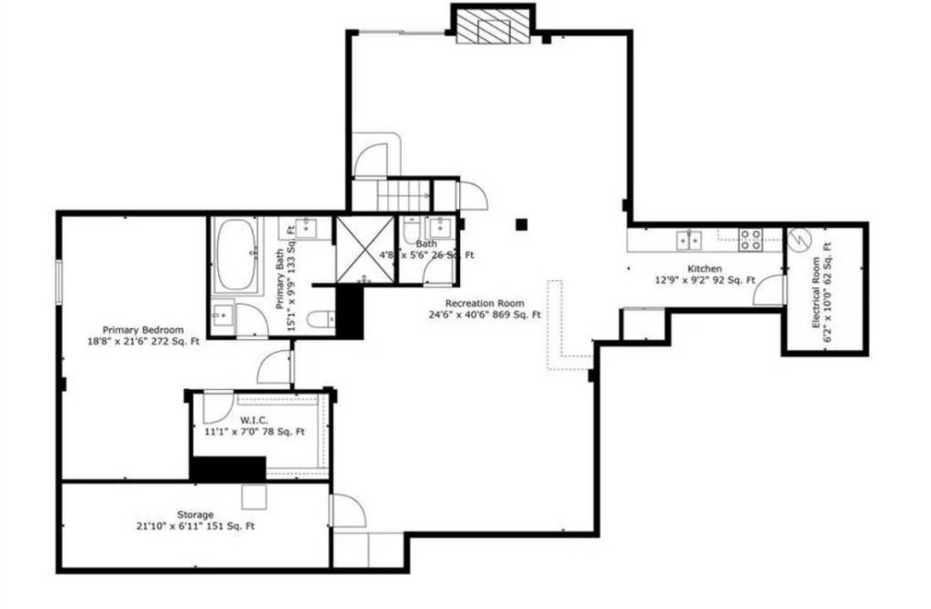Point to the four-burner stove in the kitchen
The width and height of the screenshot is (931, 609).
tap(750, 239)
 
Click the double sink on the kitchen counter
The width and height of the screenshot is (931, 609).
tap(688, 240)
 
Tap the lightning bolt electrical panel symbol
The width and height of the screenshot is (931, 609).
tap(798, 240)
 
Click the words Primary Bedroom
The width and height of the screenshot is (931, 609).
tap(143, 329)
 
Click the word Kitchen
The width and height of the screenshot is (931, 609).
tap(705, 269)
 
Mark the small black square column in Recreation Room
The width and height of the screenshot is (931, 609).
tap(521, 224)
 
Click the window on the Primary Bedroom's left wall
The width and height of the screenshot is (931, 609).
tap(60, 283)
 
